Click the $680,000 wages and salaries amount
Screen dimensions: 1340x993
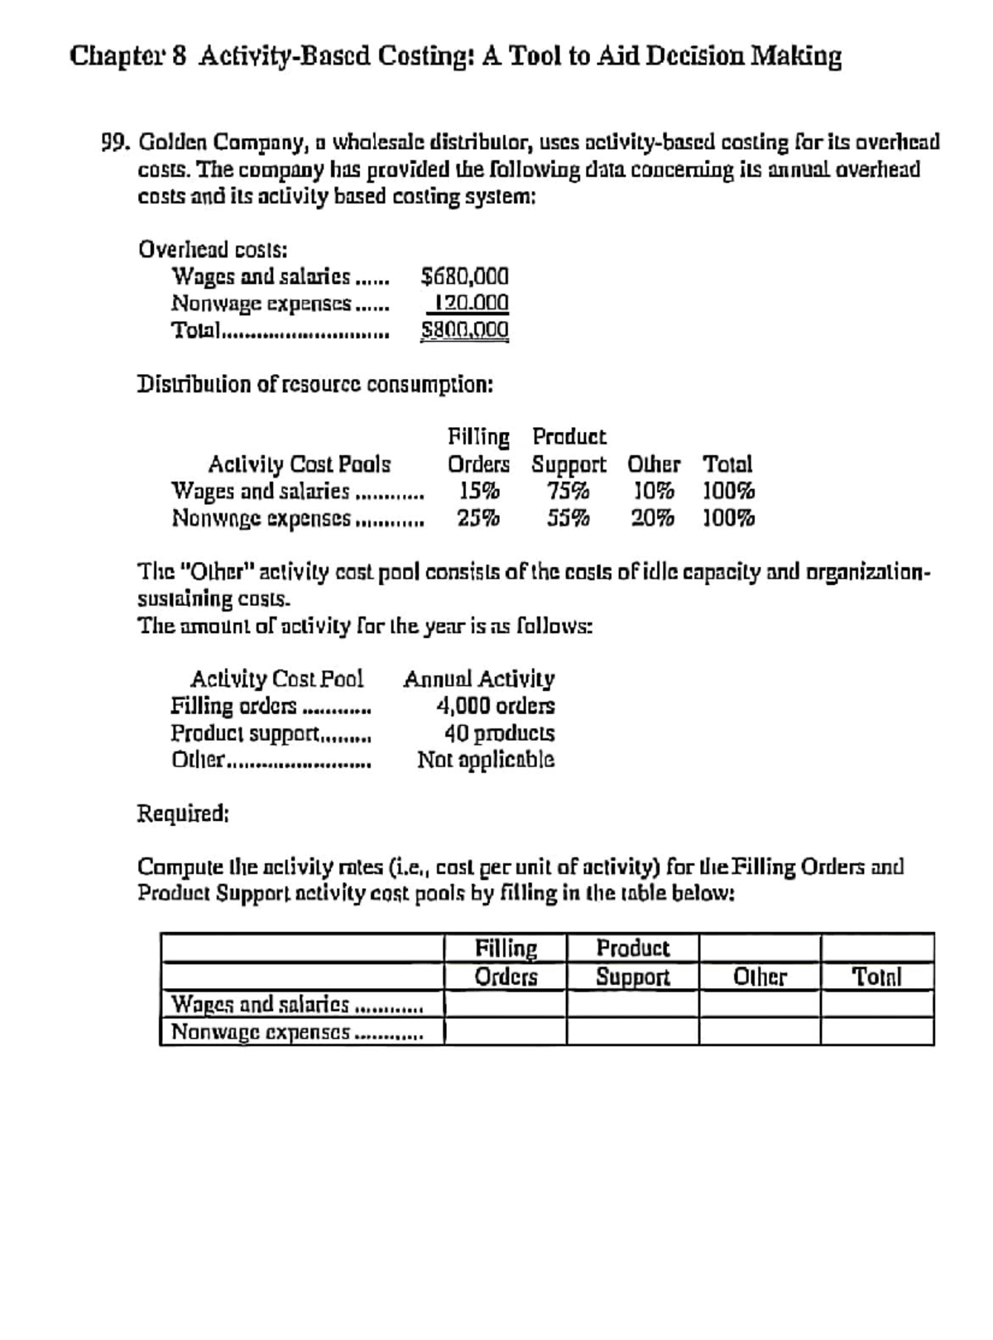pos(464,276)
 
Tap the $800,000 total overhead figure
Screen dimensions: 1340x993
pos(464,330)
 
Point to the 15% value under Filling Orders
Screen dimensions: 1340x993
pos(479,491)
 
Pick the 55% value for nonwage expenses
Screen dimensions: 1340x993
pos(568,519)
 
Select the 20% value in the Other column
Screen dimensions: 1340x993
pos(652,519)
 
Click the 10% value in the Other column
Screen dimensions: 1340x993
pos(653,491)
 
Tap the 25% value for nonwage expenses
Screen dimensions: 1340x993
pos(479,519)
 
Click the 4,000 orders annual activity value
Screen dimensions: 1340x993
pos(495,706)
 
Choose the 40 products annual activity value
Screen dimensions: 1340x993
pos(500,733)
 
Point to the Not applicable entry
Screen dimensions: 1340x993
pos(486,760)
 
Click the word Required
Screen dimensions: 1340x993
pos(182,814)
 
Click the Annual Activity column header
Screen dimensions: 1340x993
pos(479,680)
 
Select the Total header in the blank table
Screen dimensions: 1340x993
pos(876,977)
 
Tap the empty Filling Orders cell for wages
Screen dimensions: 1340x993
pos(506,1005)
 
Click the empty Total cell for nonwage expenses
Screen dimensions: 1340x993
pos(877,1032)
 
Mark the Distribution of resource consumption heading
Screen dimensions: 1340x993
pos(315,385)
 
